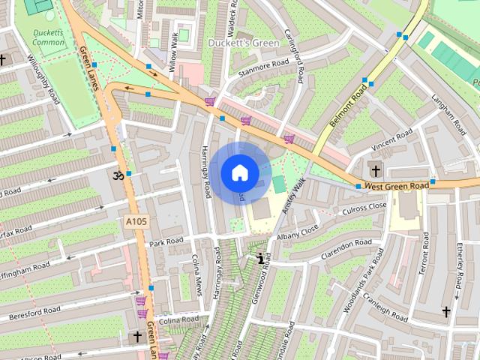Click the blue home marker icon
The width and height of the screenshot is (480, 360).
(239, 173)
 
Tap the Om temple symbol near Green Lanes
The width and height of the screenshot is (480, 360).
(116, 175)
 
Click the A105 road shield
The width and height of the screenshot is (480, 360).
(136, 221)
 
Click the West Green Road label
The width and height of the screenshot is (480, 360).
(397, 185)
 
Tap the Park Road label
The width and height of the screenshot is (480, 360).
(166, 242)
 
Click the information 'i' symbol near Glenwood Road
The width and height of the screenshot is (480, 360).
(260, 259)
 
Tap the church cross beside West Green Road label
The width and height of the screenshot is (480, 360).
(375, 170)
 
